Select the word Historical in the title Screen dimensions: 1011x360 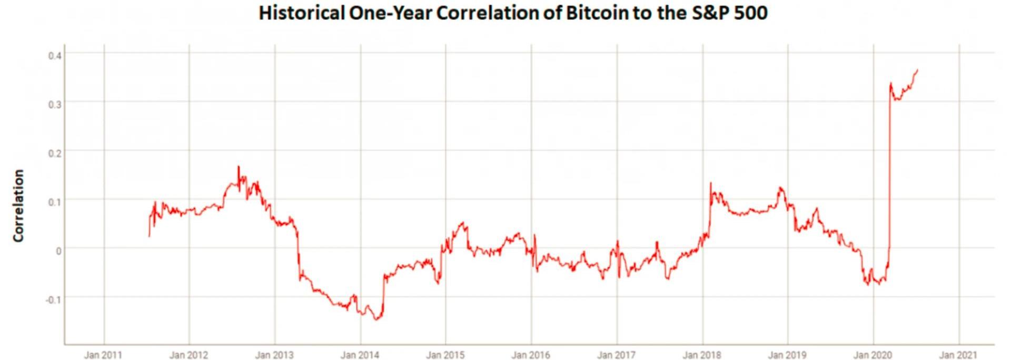[x=302, y=13]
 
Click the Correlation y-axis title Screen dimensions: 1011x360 [x=19, y=206]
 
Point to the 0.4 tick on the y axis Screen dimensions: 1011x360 [x=55, y=55]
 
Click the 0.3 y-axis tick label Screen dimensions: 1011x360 [x=55, y=104]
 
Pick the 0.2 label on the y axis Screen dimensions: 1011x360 [x=55, y=153]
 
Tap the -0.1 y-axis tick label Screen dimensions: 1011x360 [x=53, y=299]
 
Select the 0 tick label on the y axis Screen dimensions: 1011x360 [x=58, y=251]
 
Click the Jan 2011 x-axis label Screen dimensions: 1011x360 [x=103, y=355]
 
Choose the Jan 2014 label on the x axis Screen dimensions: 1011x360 [x=360, y=355]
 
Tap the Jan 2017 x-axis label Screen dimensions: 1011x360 [x=616, y=355]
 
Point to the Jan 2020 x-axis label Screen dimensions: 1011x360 [x=873, y=355]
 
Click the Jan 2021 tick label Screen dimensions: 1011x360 [x=958, y=355]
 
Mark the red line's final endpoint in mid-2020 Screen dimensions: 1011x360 [x=918, y=69]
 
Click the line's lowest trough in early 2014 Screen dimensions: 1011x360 [x=377, y=319]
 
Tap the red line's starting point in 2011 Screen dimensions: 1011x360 [x=149, y=236]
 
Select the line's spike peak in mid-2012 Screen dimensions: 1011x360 [x=238, y=166]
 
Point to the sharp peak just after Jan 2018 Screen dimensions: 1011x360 [x=710, y=183]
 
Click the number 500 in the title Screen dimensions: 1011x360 [x=751, y=13]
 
